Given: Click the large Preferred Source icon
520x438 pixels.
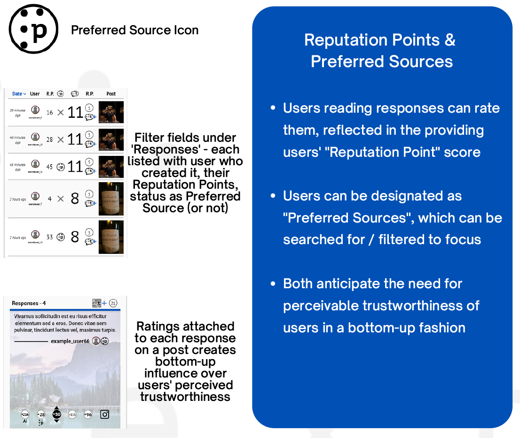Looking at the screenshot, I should tap(33, 29).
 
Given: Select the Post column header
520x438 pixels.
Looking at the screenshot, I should tap(111, 94).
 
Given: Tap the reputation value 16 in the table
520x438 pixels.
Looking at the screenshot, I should tap(50, 113).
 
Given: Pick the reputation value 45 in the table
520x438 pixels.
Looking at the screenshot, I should tap(50, 166).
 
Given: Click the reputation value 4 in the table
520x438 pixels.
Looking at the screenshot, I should tap(50, 199).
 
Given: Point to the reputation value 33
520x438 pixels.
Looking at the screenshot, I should tap(50, 237).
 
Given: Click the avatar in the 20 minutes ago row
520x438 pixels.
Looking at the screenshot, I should tap(35, 110).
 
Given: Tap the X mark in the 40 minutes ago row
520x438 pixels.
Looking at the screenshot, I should tap(60, 139).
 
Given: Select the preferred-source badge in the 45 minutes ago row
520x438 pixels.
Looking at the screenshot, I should tap(60, 166).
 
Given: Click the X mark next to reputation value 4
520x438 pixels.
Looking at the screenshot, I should tap(60, 199).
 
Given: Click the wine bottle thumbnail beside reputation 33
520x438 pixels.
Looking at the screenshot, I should tap(111, 237).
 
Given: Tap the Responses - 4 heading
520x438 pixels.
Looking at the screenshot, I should tap(29, 303).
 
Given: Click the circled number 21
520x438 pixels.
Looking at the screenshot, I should tap(113, 303).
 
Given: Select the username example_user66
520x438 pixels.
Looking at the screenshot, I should tap(70, 341).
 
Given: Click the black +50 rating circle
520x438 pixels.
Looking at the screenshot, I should tap(57, 415).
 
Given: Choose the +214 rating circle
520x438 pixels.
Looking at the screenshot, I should tap(25, 415).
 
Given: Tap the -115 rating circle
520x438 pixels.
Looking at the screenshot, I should tap(72, 415).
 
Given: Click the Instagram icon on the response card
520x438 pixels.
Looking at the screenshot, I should tap(104, 415).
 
